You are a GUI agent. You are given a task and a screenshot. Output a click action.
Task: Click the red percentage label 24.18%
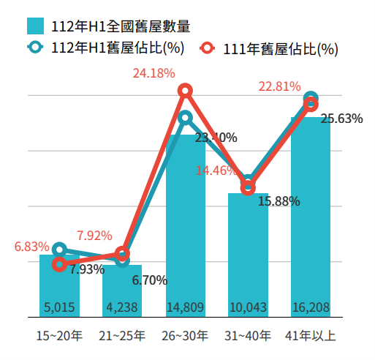click(x=154, y=73)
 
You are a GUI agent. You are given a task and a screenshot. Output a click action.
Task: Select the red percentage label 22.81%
click(x=279, y=86)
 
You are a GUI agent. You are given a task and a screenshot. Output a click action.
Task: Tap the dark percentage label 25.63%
click(x=341, y=119)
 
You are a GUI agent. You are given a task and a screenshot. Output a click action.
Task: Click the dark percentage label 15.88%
click(x=279, y=200)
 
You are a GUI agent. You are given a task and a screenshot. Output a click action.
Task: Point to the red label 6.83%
click(x=31, y=247)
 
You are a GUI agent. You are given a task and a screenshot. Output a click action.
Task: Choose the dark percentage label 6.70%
click(x=150, y=280)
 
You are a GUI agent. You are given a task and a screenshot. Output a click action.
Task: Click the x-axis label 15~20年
click(x=60, y=337)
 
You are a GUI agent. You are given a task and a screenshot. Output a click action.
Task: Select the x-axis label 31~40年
click(x=248, y=337)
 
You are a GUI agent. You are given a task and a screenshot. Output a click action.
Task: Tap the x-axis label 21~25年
click(x=122, y=337)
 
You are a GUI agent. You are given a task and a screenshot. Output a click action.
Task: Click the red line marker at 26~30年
click(x=186, y=90)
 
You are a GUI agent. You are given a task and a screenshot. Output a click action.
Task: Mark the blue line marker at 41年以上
click(x=311, y=98)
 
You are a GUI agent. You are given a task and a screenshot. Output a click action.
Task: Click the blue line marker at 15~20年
click(x=60, y=250)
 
